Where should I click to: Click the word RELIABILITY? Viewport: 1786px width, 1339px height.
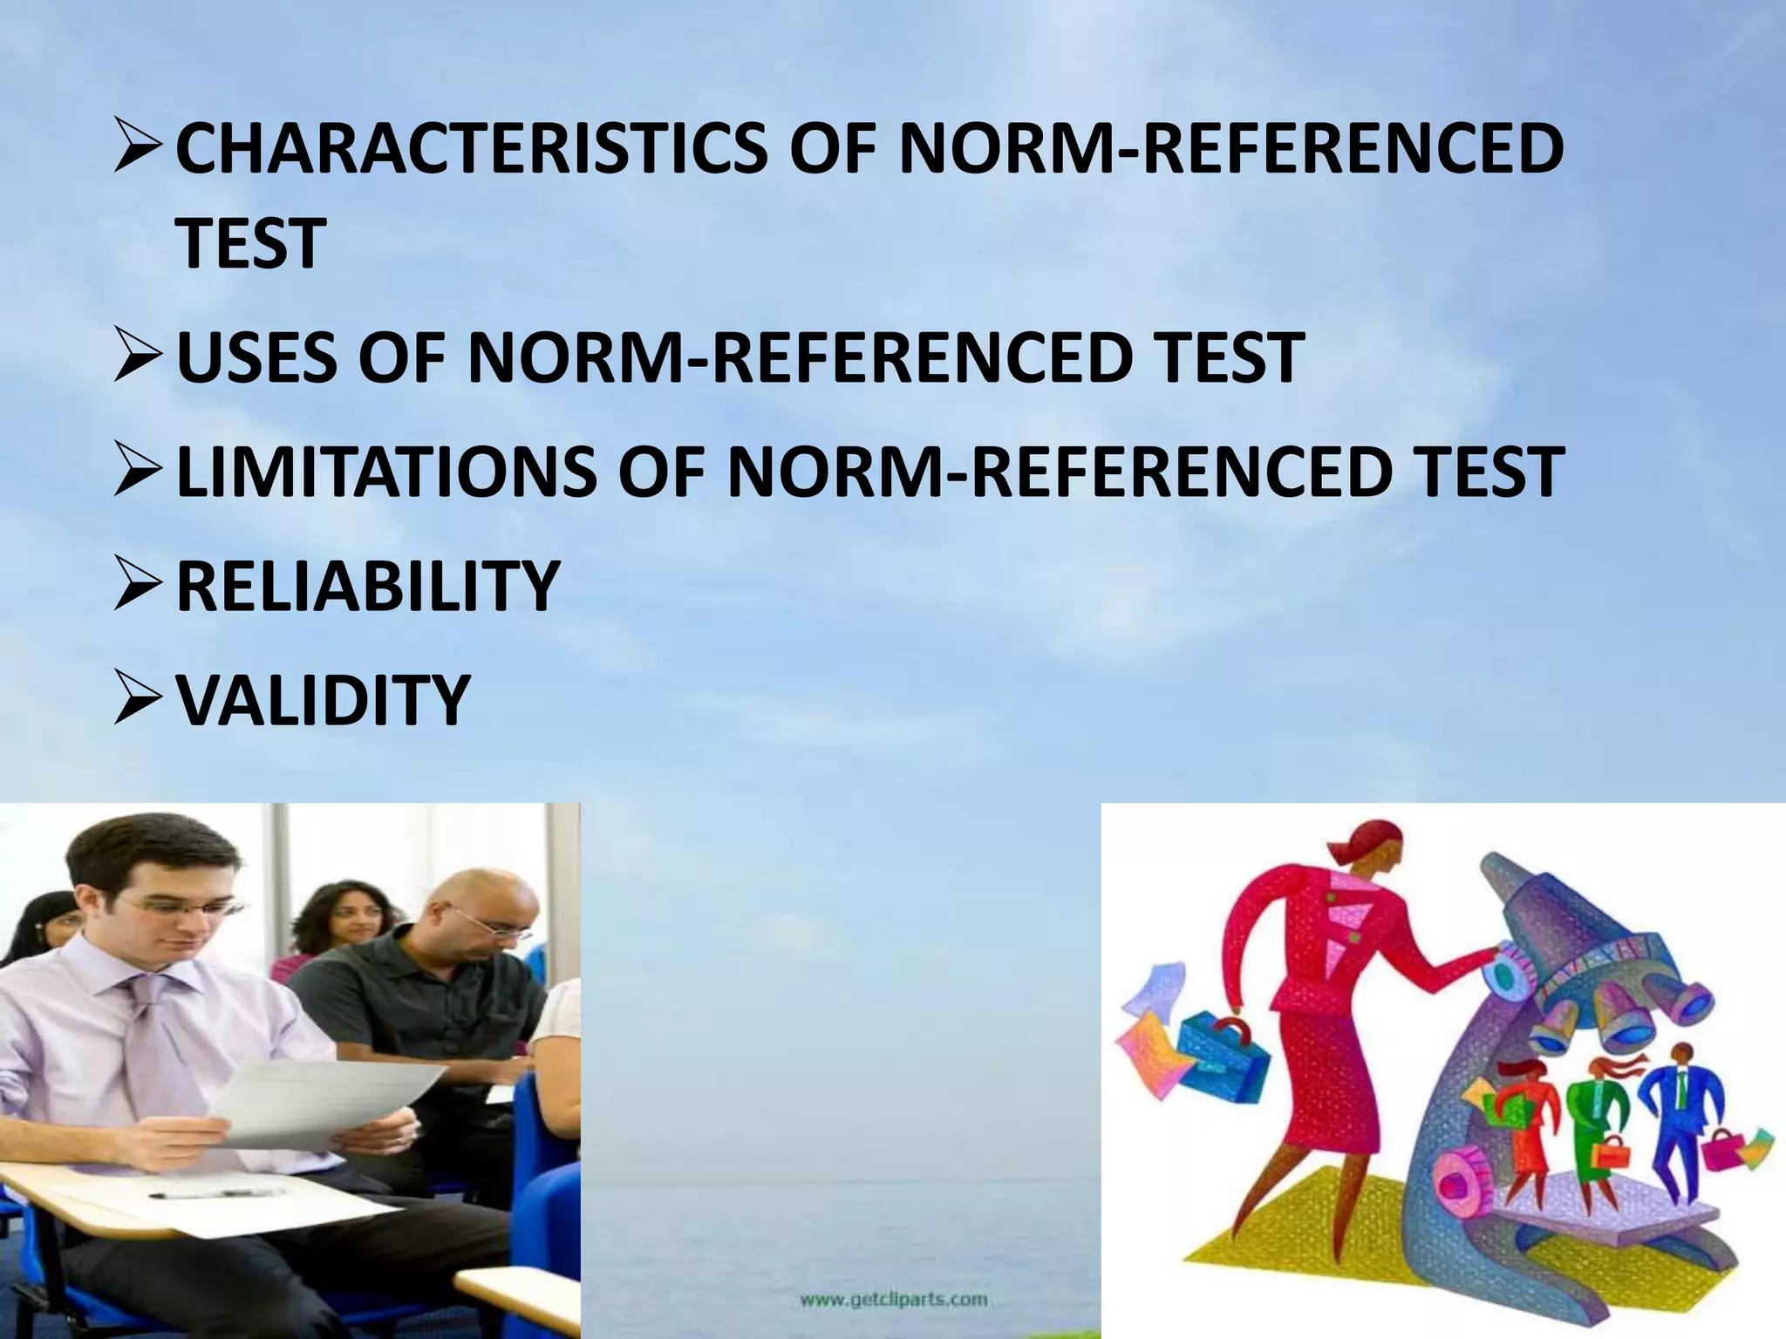pos(367,586)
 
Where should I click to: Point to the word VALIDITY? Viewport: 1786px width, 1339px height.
pos(323,700)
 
